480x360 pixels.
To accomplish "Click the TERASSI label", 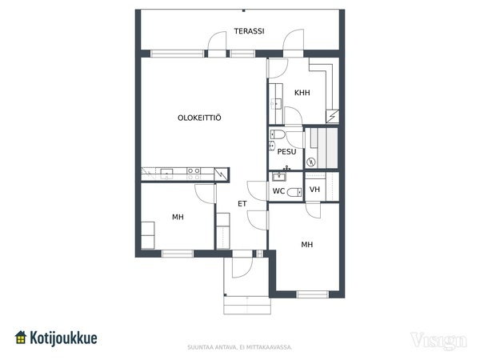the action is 249,31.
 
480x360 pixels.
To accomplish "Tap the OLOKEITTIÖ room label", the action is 199,118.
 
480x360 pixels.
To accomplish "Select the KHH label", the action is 302,93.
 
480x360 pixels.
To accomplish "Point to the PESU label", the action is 287,151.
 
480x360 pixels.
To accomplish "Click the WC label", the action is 278,191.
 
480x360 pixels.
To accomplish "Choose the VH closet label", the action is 314,190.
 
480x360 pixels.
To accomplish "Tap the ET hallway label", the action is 242,203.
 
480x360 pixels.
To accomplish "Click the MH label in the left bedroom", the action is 178,217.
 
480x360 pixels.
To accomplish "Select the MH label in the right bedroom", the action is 307,245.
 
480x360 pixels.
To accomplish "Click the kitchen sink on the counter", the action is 166,174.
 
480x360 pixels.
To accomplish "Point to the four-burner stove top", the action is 194,174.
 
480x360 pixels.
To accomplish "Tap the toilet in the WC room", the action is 294,192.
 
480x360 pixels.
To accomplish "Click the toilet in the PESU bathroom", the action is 278,134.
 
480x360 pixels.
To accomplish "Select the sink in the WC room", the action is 279,176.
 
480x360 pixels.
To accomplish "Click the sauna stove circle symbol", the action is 311,162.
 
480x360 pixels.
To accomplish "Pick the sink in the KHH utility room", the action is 276,104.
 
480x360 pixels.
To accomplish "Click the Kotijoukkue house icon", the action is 21,337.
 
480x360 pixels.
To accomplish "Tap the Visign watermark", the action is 438,341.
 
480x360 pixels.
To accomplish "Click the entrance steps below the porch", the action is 247,306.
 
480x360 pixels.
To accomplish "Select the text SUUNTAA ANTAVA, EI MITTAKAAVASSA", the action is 240,347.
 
